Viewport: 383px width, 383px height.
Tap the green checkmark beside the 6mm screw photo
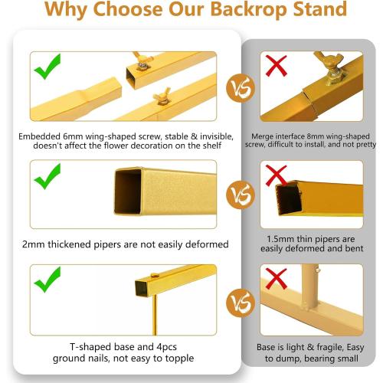pyautogui.click(x=47, y=67)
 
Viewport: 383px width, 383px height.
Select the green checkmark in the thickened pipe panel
pyautogui.click(x=47, y=176)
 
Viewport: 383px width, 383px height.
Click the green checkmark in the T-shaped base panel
pyautogui.click(x=47, y=280)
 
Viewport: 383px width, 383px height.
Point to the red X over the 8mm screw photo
pyautogui.click(x=277, y=66)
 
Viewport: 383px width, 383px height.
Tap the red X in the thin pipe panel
pyautogui.click(x=276, y=175)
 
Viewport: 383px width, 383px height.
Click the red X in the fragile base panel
pyautogui.click(x=277, y=279)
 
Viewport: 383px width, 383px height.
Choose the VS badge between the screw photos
pyautogui.click(x=241, y=88)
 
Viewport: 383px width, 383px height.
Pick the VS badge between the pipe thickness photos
pyautogui.click(x=241, y=195)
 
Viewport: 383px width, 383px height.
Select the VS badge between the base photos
pyautogui.click(x=241, y=303)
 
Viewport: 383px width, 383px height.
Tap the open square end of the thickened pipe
pyautogui.click(x=127, y=191)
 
